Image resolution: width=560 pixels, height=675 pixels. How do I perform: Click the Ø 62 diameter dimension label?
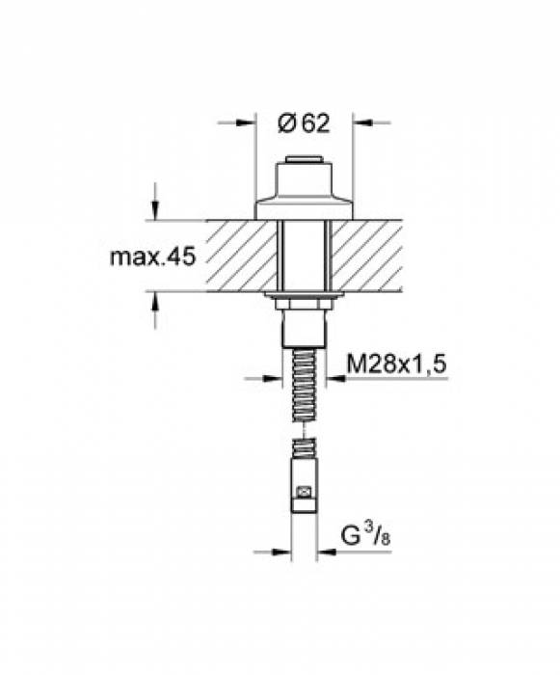point(304,123)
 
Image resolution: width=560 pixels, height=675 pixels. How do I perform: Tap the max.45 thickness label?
point(153,257)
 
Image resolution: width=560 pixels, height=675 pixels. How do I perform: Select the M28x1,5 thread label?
point(396,364)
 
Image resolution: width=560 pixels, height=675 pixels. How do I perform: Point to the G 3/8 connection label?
point(365,535)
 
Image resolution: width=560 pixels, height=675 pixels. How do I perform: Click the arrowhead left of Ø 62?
point(246,122)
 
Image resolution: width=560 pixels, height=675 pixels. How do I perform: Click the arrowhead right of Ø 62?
point(362,122)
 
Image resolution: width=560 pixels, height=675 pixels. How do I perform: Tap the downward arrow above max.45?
point(155,210)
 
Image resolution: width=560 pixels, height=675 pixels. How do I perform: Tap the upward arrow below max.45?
point(155,302)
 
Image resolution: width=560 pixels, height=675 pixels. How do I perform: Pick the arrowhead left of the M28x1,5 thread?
point(272,379)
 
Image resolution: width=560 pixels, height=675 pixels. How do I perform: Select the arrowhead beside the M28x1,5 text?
point(336,379)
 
